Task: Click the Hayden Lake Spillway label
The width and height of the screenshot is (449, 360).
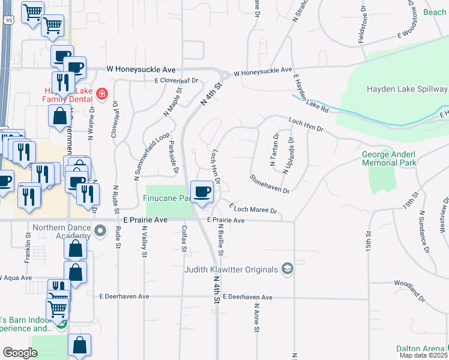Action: pos(407,89)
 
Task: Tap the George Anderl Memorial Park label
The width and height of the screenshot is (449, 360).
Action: pos(389,158)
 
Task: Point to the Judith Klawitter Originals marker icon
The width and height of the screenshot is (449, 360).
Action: pos(288,268)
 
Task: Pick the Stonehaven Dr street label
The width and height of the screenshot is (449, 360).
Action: pos(270,184)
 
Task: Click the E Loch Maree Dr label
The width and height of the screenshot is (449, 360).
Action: pos(253,208)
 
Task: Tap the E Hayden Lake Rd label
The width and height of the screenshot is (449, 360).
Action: pos(311,94)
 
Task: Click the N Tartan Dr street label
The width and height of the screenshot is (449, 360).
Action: pos(274,149)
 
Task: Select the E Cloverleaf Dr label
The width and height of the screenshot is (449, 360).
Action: pos(176,80)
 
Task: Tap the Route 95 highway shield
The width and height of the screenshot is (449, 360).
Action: pos(7,20)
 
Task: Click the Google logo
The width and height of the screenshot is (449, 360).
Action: pos(20,352)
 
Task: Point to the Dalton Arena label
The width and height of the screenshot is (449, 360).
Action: pos(420,349)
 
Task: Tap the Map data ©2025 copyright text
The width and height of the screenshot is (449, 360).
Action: pos(423,355)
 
